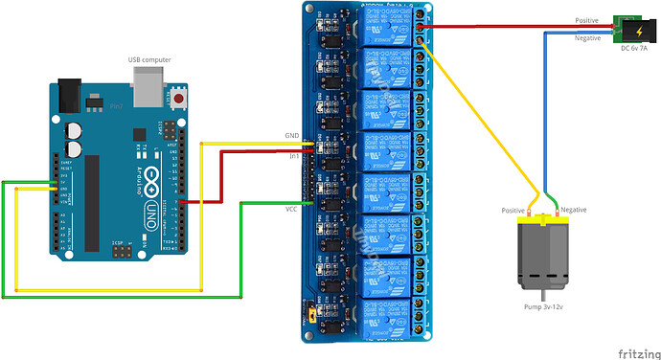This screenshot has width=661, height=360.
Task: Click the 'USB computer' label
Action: (x=149, y=60)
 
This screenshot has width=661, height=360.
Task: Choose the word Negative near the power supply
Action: (x=588, y=38)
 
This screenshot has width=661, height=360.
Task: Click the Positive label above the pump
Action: (x=514, y=209)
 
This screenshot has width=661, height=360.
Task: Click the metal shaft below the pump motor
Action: (x=544, y=292)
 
